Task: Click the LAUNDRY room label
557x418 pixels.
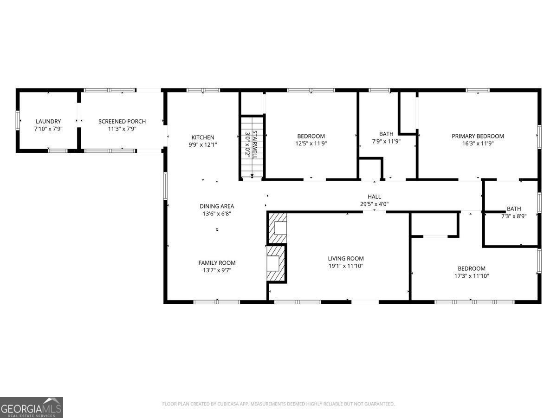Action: pos(48,122)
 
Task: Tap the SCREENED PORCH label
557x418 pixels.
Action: pos(122,122)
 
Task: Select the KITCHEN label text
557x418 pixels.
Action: pos(203,137)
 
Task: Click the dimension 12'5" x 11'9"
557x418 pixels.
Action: pos(311,144)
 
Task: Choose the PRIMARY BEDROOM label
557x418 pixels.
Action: pos(478,136)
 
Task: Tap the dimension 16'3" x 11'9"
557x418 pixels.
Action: pos(478,144)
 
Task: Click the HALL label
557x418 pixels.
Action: pos(374,197)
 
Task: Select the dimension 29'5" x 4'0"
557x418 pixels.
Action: pos(374,204)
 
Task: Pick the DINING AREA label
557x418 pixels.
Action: pos(217,206)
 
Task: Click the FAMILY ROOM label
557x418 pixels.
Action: pos(217,263)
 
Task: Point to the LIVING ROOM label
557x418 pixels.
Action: pos(346,259)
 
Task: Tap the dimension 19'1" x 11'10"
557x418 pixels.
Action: pos(346,266)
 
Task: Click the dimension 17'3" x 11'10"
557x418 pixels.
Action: pos(472,276)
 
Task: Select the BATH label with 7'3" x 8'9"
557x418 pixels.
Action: pos(514,209)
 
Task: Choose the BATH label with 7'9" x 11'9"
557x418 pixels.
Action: pos(386,134)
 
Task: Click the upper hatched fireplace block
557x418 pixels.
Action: pos(278,228)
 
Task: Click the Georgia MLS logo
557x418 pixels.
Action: pos(32,407)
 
